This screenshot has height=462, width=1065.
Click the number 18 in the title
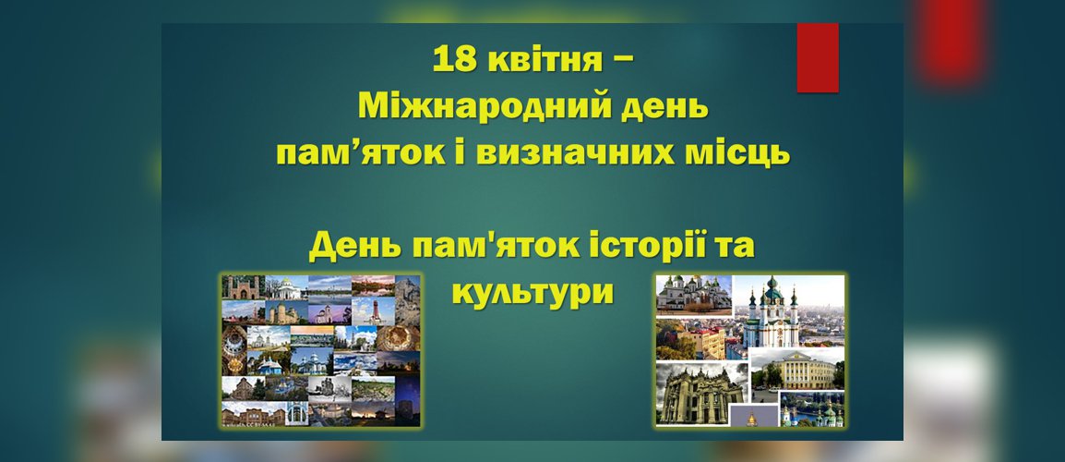(x=455, y=59)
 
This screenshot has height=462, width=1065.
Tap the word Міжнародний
(x=485, y=107)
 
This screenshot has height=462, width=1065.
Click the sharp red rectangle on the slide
(x=818, y=58)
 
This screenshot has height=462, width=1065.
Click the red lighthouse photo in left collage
(x=373, y=310)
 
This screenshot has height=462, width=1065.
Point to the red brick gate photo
(x=243, y=287)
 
